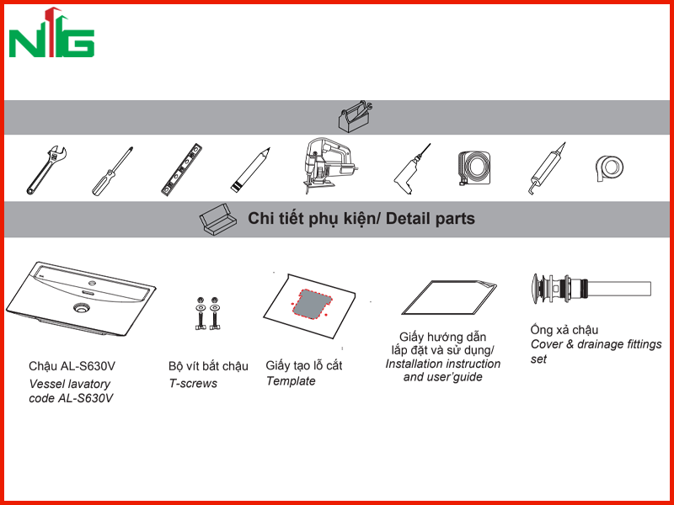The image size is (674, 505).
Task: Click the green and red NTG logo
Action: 51,34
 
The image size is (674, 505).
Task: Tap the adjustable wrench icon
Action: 46,170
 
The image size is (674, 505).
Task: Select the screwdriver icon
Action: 112,172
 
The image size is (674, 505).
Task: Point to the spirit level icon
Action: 181,170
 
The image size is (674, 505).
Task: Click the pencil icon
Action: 250,170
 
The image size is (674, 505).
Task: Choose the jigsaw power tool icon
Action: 329,166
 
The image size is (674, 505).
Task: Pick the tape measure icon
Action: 474,167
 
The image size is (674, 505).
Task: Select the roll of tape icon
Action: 609,168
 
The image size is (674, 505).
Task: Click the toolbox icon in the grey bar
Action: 355,117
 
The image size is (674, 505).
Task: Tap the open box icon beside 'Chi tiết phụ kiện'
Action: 218,220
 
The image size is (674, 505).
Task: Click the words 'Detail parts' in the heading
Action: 430,219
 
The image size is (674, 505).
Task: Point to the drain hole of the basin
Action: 81,307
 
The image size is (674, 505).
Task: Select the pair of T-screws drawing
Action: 207,313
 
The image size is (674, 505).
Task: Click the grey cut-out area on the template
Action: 313,304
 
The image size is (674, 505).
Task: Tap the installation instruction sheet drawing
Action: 449,298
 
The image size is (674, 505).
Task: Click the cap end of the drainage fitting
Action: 536,289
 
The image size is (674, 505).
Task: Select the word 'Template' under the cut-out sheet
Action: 291,381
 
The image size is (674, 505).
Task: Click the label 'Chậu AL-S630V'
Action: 72,366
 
